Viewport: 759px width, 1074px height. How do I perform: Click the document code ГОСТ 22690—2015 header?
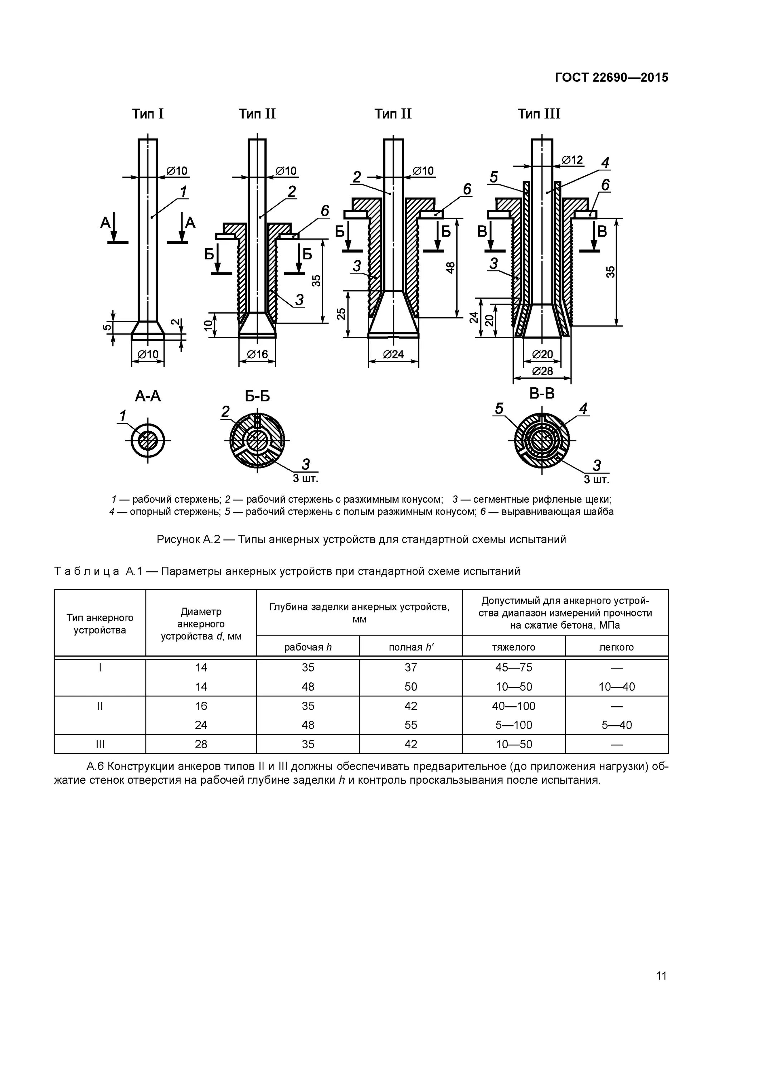click(611, 78)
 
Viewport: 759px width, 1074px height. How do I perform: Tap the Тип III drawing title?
click(539, 114)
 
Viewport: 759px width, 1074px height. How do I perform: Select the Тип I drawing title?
click(148, 114)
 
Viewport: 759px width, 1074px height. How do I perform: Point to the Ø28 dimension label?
click(543, 371)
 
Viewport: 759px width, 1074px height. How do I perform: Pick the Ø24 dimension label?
click(393, 354)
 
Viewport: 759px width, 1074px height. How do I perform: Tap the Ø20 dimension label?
click(543, 354)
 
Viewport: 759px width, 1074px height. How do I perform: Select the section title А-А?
click(148, 397)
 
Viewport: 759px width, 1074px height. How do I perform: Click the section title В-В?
click(542, 394)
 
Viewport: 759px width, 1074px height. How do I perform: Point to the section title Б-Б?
click(257, 397)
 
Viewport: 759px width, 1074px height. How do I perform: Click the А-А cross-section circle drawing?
click(148, 441)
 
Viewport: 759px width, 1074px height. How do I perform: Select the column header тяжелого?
click(514, 647)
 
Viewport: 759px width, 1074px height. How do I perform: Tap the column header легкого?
click(616, 647)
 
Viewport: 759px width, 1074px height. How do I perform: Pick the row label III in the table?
click(100, 744)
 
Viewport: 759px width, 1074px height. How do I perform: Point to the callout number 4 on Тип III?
click(605, 163)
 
